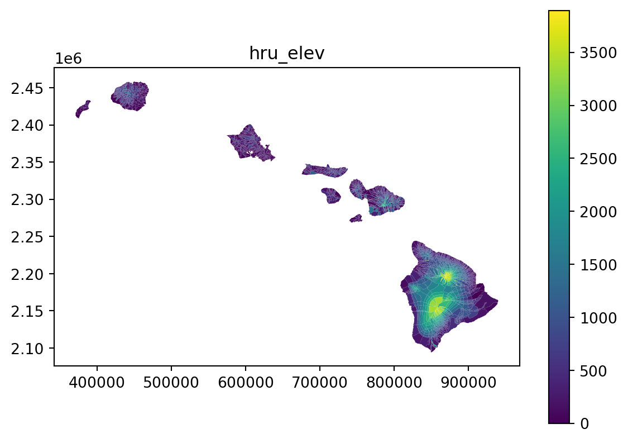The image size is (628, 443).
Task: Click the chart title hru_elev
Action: click(x=287, y=53)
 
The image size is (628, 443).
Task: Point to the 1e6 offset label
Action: click(x=68, y=59)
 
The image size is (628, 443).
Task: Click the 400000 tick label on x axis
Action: click(x=97, y=382)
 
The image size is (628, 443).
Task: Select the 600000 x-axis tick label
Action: click(x=246, y=382)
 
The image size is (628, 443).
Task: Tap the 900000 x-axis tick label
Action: click(x=468, y=382)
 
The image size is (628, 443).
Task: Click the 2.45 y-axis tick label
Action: click(x=27, y=88)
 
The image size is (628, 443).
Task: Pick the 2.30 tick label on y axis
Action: click(x=27, y=199)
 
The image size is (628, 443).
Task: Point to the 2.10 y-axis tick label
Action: click(x=27, y=349)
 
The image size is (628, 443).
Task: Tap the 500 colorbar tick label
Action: click(x=593, y=371)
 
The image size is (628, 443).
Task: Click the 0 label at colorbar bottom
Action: click(x=584, y=424)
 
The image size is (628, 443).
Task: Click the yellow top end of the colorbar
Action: click(x=559, y=12)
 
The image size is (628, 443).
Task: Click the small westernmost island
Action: click(x=83, y=109)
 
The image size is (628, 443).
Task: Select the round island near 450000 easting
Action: click(x=130, y=96)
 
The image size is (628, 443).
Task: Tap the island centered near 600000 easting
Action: click(x=249, y=144)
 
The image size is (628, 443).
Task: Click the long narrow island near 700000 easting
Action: click(x=324, y=171)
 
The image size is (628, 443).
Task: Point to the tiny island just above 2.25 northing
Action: click(x=356, y=218)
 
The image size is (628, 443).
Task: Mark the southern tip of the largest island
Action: click(x=432, y=351)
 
